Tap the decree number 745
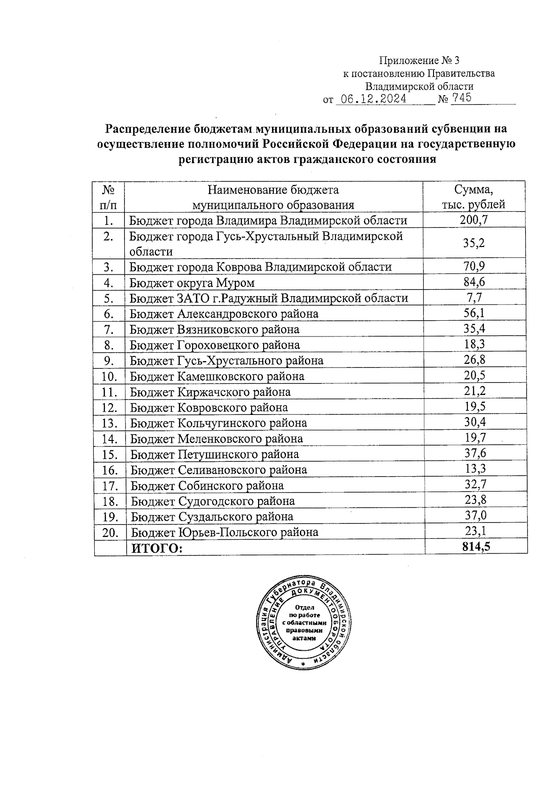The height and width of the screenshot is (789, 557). click(461, 98)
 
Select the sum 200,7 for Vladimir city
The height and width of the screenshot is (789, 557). click(473, 220)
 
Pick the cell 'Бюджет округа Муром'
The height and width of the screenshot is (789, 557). click(192, 282)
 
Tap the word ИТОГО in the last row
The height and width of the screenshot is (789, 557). click(157, 548)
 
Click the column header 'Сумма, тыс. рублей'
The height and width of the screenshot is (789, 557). click(473, 197)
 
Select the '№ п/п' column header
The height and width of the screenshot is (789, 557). click(108, 197)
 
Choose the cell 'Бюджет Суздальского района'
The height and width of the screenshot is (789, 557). click(212, 517)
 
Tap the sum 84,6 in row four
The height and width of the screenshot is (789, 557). click(474, 282)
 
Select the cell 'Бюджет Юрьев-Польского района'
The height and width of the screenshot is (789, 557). click(224, 532)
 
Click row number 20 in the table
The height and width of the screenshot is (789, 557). click(110, 532)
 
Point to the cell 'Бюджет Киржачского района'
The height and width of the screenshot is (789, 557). click(210, 392)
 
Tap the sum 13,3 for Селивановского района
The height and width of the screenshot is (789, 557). click(475, 469)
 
